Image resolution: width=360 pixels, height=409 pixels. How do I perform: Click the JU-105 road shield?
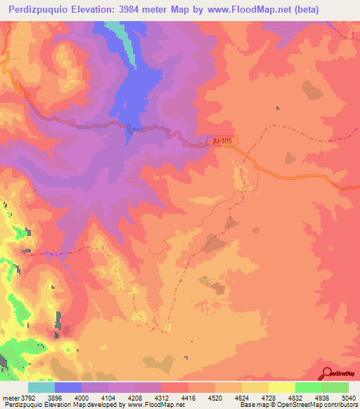[x=222, y=141]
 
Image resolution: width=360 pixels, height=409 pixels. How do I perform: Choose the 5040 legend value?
[x=347, y=398]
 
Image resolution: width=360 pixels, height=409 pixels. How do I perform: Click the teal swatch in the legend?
[x=41, y=387]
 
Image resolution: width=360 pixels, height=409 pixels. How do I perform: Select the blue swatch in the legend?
[x=68, y=387]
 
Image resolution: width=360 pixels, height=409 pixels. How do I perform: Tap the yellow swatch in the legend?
[x=282, y=387]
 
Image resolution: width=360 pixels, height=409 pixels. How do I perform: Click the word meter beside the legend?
[x=10, y=398]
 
